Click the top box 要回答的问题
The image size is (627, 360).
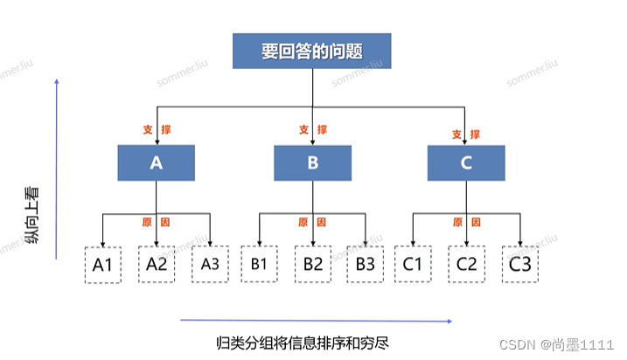(x=311, y=51)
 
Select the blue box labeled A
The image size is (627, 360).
(x=157, y=163)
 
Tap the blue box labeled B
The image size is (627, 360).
(x=312, y=163)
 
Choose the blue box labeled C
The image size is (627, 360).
(x=466, y=163)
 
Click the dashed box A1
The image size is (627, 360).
(x=103, y=265)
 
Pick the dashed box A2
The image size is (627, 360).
(x=157, y=264)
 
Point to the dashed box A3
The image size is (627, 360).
(x=210, y=264)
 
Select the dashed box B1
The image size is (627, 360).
(x=259, y=264)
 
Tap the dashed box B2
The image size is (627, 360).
(x=312, y=264)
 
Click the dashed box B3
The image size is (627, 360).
(x=366, y=264)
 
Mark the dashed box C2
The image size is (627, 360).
(x=467, y=264)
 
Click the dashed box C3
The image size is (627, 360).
(x=520, y=264)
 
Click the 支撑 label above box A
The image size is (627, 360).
(x=157, y=129)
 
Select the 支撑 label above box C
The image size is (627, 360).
(x=465, y=135)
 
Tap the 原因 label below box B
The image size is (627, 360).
(x=311, y=222)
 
